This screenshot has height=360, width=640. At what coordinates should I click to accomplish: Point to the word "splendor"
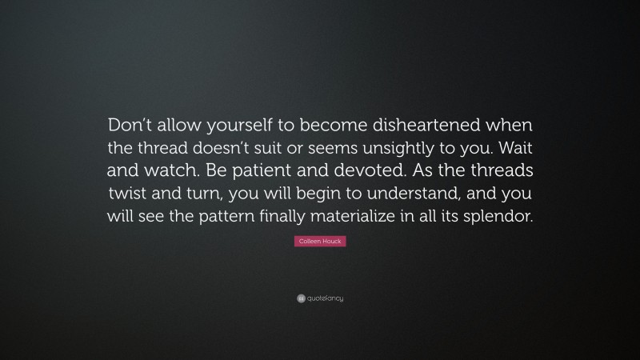[x=495, y=217]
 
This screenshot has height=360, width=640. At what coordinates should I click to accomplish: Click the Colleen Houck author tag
[x=319, y=241]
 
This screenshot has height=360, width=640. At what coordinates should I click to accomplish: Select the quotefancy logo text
[x=324, y=298]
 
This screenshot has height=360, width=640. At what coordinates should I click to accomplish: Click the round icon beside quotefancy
[x=300, y=298]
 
